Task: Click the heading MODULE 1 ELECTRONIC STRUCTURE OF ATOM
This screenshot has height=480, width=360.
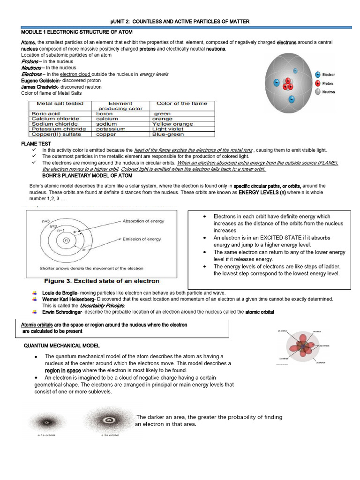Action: coord(77,32)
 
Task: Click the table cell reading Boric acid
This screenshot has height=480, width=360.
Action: coord(45,114)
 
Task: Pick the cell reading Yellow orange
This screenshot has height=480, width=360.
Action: coord(172,124)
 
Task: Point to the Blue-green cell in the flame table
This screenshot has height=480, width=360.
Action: coord(168,134)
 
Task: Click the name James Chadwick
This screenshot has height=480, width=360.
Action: coord(39,87)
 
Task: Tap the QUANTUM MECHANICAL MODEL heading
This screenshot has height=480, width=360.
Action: coord(61,346)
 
